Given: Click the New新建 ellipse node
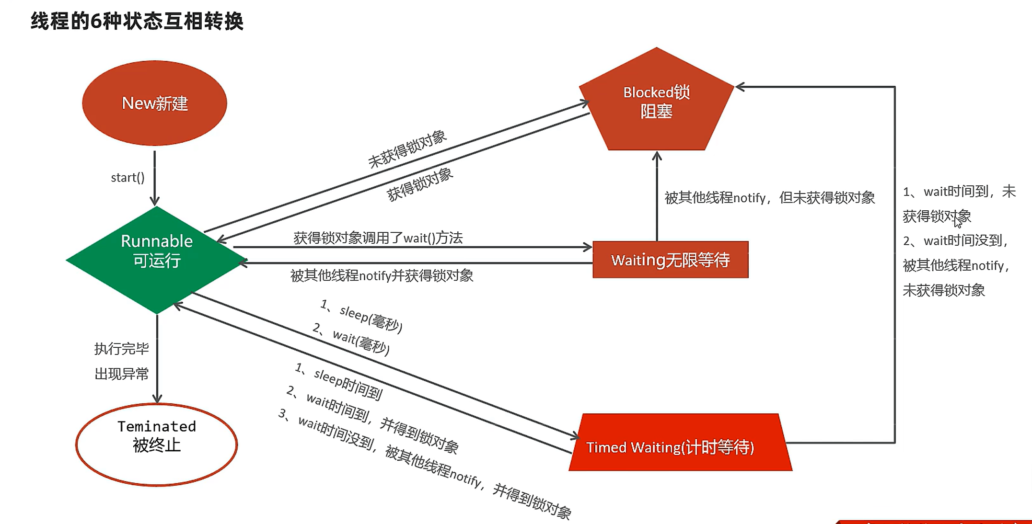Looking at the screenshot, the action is (154, 103).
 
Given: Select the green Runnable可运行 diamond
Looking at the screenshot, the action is (157, 260).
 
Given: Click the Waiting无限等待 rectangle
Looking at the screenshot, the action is (671, 260).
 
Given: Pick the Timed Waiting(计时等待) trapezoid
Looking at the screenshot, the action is (680, 443).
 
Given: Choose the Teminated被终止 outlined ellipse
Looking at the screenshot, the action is (157, 444).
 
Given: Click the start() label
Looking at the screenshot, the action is (128, 178).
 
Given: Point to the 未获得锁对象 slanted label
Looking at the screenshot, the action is (407, 149).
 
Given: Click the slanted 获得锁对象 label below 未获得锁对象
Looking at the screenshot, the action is (419, 184).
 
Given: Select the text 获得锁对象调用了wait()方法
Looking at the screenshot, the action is (378, 238).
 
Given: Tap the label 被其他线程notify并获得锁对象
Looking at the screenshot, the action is (382, 275).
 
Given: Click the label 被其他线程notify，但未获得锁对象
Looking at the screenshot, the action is (770, 197).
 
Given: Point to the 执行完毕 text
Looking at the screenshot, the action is (122, 348).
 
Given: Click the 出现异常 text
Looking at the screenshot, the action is (122, 373).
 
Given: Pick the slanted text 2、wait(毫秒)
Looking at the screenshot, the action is (351, 339).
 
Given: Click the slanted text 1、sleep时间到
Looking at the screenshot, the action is (339, 381).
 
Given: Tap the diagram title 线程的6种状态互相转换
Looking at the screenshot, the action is (137, 22).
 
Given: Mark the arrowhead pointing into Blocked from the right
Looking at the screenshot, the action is (740, 87).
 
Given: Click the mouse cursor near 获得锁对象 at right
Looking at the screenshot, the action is (957, 223).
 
